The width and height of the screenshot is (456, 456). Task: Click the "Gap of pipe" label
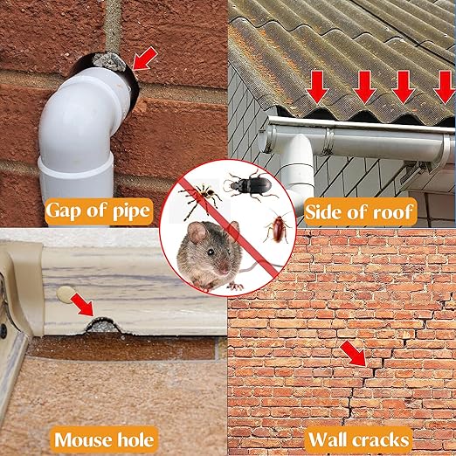tap(99, 211)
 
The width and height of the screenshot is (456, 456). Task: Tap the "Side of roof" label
tap(359, 211)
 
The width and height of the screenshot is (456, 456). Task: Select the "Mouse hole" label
tap(104, 439)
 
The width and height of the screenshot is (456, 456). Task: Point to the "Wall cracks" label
tap(359, 439)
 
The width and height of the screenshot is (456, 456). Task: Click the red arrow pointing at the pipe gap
tap(145, 59)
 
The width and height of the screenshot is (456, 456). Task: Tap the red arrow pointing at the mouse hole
tap(82, 305)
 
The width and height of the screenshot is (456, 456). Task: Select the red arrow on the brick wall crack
tap(353, 354)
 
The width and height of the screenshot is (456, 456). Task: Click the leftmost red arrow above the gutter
tap(318, 87)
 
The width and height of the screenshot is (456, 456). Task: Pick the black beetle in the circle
tap(250, 185)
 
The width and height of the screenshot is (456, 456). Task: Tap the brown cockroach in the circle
tap(278, 227)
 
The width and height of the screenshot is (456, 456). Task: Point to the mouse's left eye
tap(210, 252)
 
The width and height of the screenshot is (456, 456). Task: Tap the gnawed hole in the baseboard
tap(103, 326)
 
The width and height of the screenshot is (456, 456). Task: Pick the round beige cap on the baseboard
tap(65, 294)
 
